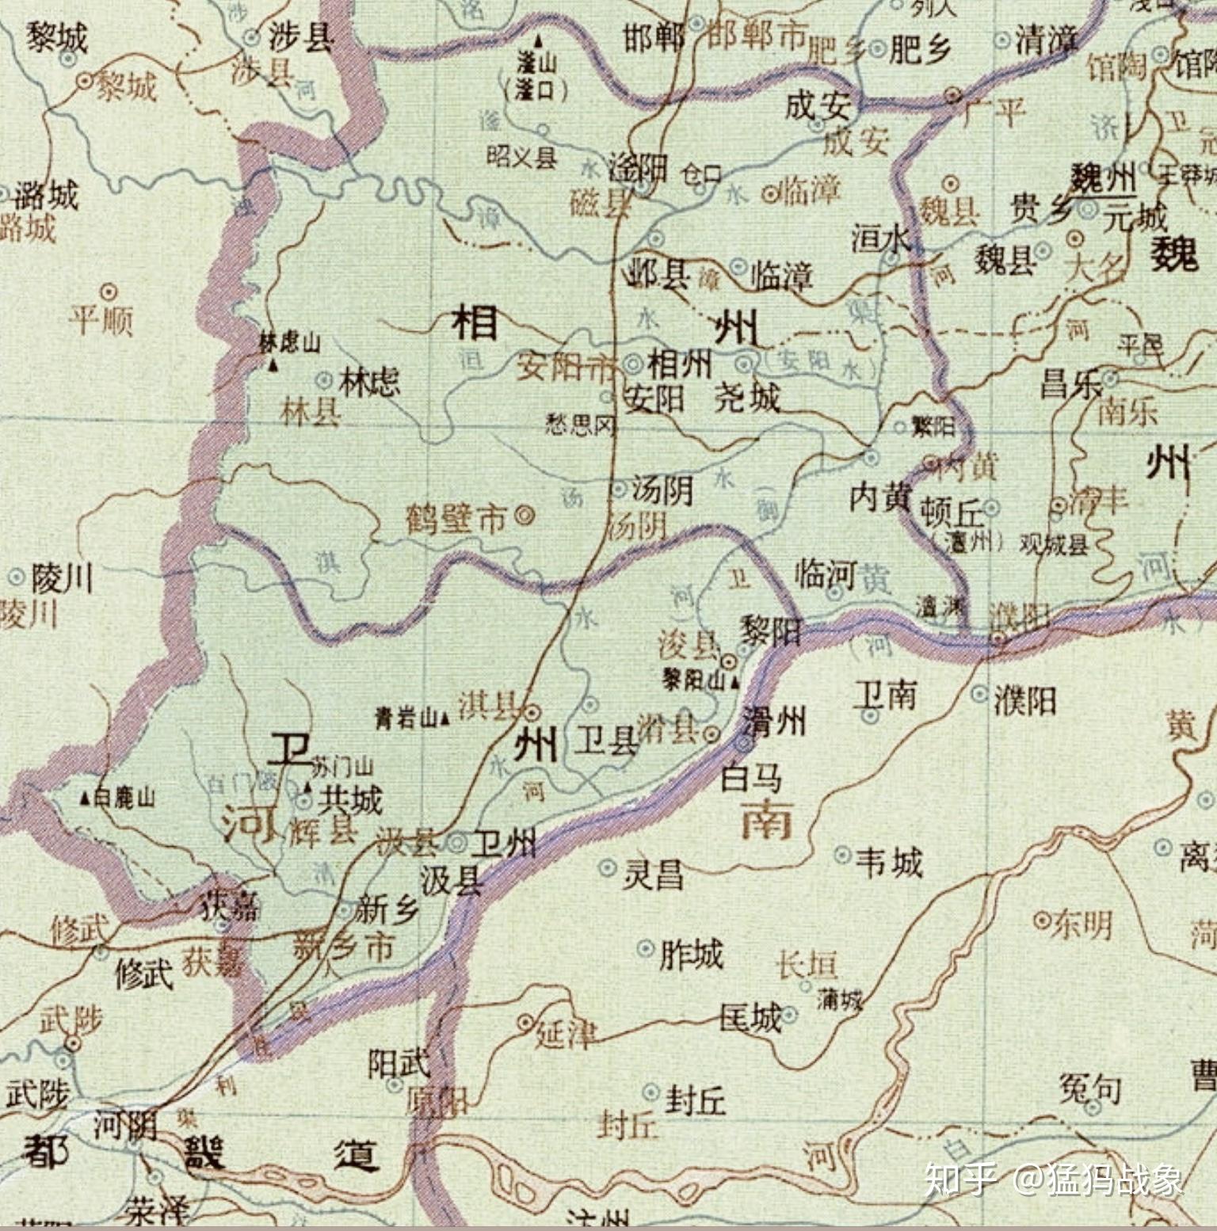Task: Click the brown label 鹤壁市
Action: coord(455,520)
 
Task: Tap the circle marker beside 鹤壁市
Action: coord(524,516)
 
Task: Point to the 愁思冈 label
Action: coord(580,425)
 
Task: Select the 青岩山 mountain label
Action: coord(406,718)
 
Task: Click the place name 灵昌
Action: coord(653,875)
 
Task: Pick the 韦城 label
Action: coord(889,861)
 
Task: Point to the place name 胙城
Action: coord(691,955)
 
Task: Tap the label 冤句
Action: coord(1090,1089)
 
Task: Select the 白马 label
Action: coord(750,778)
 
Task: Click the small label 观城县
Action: coord(1054,544)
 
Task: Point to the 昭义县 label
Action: coord(521,156)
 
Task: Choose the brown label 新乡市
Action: coord(342,947)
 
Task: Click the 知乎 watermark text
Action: coord(961,1178)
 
